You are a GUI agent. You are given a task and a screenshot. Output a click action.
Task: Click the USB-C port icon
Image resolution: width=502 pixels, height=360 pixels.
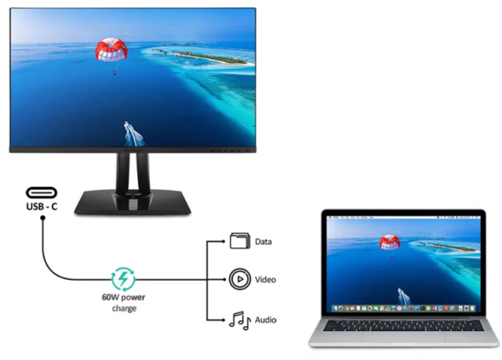coord(41,192)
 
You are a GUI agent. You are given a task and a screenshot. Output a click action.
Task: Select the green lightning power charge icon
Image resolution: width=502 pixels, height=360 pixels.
coord(122,279)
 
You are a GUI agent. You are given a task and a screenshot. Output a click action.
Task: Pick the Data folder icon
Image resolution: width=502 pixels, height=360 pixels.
coord(238,242)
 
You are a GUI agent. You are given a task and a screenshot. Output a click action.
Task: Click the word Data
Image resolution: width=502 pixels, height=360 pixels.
coord(264,242)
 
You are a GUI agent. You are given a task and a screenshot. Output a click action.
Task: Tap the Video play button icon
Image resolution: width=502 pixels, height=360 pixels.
coord(238,279)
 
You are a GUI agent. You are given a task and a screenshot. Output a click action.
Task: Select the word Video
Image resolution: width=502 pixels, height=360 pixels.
coord(265,280)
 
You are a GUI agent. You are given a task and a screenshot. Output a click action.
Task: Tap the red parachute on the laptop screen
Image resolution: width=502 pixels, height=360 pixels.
coord(389,242)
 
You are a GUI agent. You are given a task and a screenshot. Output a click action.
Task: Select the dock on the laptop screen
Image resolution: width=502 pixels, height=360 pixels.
coord(404,309)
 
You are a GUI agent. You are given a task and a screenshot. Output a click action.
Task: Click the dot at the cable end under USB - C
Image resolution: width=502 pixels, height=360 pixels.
coord(42,219)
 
